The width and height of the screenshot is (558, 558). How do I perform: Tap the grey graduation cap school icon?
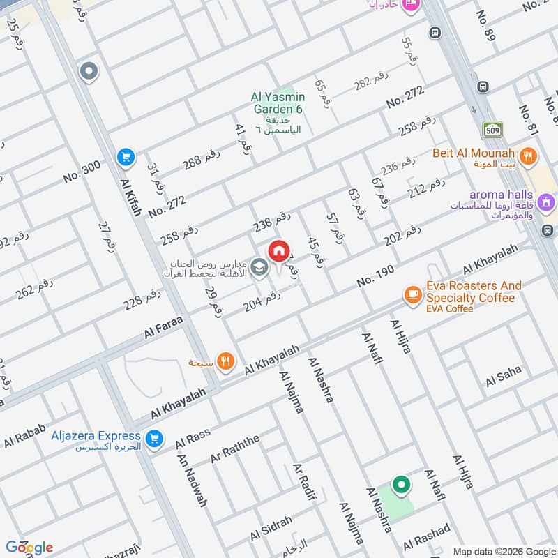pos(259,267)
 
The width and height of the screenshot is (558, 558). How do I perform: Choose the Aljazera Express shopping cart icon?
pos(155,439)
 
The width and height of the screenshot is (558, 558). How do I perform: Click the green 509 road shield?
pos(492,129)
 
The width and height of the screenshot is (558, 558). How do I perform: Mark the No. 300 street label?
pos(82,171)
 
